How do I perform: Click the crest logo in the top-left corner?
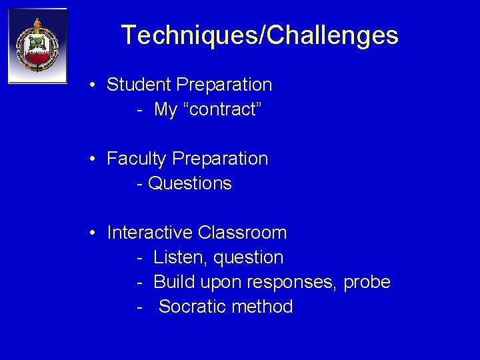37,46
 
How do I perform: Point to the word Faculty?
137,159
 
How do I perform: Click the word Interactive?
150,233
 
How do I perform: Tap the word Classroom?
243,233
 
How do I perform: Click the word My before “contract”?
165,109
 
